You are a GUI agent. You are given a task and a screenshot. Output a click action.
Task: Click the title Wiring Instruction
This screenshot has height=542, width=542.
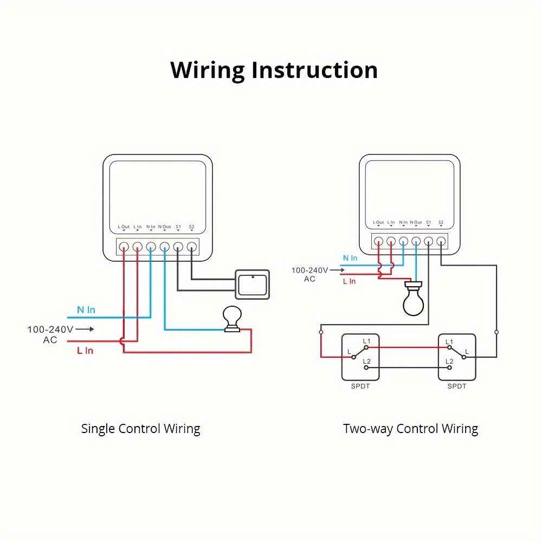tap(274, 70)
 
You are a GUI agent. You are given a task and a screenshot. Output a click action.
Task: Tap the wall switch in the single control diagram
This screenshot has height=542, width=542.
tap(252, 284)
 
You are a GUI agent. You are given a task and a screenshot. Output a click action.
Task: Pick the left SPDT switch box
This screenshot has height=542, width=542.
tap(360, 357)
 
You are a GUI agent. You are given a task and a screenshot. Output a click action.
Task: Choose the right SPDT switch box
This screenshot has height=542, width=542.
tap(457, 357)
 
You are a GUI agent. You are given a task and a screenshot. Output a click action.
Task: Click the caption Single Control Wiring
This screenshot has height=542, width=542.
tap(140, 429)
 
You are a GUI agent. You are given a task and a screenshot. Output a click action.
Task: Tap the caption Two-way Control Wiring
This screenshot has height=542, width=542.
tap(410, 429)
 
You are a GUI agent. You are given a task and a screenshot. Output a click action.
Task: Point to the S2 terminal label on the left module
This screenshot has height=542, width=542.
tap(191, 227)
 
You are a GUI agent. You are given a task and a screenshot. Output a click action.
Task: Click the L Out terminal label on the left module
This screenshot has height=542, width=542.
tap(124, 227)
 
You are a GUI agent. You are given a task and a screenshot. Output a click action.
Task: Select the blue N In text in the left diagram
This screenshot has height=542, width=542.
tap(86, 310)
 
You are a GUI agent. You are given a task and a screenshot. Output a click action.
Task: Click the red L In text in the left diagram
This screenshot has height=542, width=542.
tap(85, 351)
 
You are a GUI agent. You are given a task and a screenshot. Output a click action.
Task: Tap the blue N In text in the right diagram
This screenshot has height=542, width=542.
tap(350, 259)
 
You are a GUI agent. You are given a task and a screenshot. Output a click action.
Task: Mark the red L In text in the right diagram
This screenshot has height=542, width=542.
tap(349, 281)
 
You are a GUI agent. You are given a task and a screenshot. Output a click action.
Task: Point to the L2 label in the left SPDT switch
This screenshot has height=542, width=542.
tap(366, 361)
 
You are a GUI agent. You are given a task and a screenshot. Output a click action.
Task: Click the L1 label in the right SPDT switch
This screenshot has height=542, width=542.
tap(449, 342)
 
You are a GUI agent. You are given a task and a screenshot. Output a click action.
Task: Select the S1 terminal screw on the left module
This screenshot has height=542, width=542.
tap(178, 248)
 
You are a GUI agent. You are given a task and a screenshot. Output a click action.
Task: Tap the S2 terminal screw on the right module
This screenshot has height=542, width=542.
tap(441, 241)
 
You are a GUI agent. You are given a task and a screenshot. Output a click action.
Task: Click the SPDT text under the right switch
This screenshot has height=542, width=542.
tap(457, 386)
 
